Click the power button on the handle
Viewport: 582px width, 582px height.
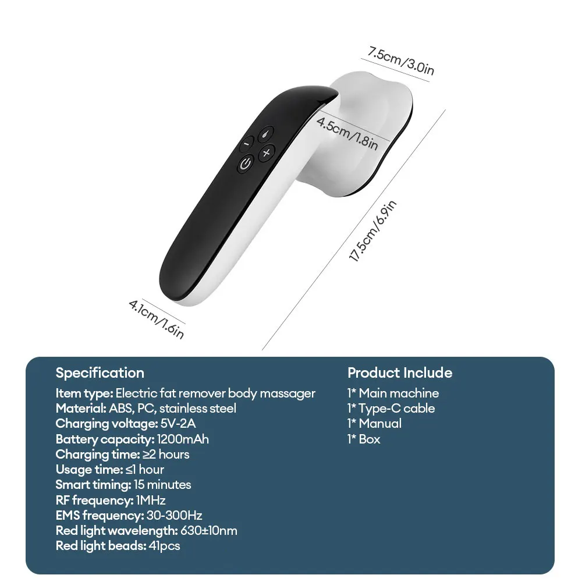[245, 164]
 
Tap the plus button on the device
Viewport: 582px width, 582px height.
[267, 153]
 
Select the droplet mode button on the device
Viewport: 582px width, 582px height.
[266, 133]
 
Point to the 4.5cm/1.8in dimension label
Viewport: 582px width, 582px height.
[347, 133]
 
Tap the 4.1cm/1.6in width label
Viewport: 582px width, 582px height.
[156, 318]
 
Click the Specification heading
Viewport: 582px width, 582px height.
[100, 373]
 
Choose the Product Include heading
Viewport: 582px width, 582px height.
[399, 373]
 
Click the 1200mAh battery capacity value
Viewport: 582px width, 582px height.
[182, 439]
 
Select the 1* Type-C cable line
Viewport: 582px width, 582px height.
[391, 409]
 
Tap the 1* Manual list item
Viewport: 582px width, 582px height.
[374, 424]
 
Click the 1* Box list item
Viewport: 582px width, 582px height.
[364, 439]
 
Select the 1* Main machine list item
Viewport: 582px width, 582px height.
[393, 393]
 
